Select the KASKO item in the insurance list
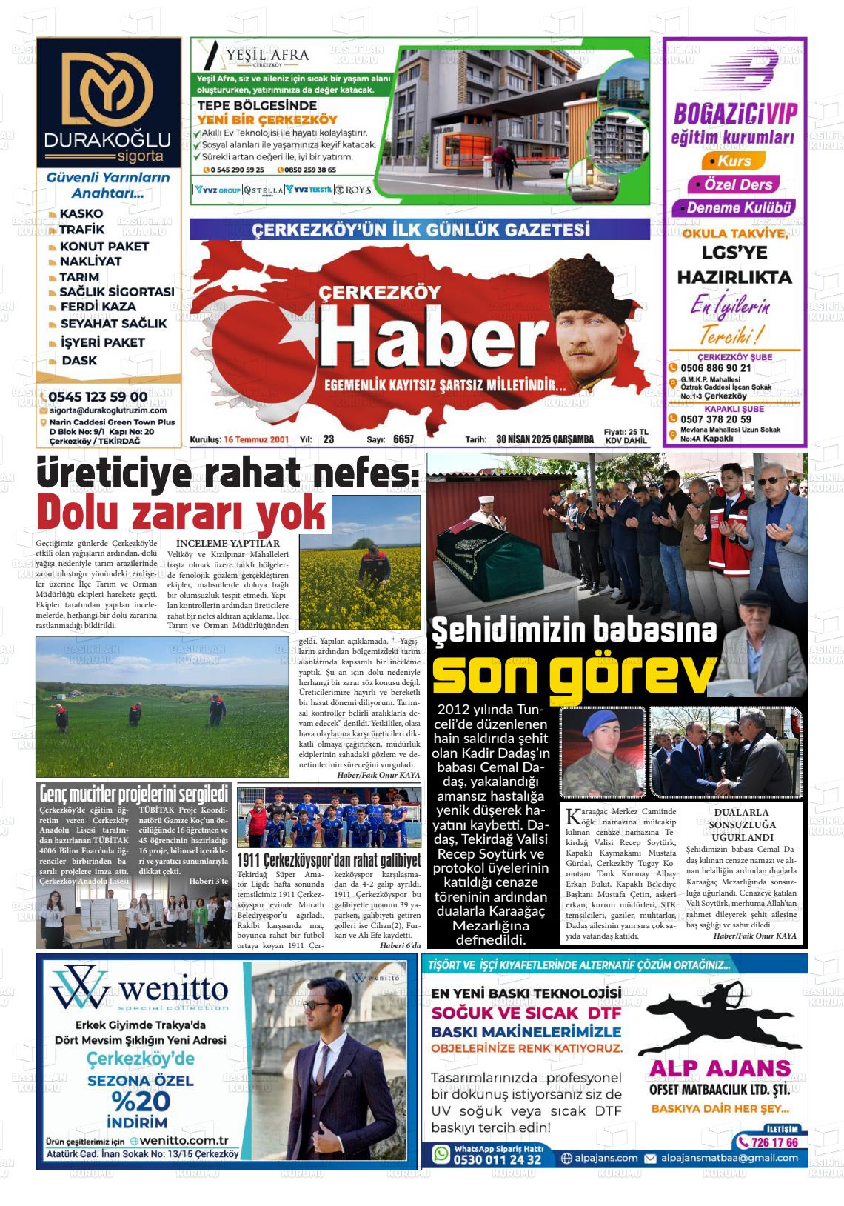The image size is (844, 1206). (81, 213)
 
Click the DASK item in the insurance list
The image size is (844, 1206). (78, 361)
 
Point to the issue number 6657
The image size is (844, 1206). (403, 439)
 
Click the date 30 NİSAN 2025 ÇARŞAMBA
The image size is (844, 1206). (545, 439)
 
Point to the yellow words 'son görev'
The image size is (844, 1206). (574, 673)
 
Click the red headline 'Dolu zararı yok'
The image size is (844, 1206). (182, 511)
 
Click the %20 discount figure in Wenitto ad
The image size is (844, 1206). (141, 1101)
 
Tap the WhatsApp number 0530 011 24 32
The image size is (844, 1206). (497, 1159)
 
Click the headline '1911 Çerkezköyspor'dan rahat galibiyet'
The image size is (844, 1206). (329, 861)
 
